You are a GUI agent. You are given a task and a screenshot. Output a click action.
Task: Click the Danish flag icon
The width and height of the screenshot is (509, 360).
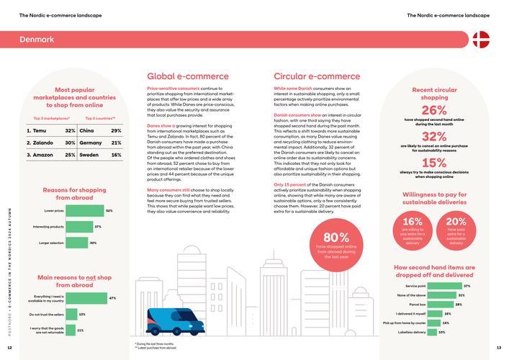(480, 39)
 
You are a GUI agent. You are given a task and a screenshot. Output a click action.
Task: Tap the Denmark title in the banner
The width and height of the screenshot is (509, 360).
(37, 39)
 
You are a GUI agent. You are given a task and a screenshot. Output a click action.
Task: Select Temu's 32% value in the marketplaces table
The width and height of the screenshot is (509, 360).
(70, 130)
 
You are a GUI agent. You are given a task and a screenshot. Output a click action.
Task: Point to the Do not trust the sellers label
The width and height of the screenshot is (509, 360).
(47, 315)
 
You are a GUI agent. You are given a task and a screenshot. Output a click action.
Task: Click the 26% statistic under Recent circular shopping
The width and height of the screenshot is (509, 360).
(434, 110)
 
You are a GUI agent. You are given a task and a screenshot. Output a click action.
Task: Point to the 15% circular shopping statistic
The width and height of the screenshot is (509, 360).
(434, 163)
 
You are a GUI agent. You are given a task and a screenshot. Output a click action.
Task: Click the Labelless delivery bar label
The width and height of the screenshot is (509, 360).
(410, 333)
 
